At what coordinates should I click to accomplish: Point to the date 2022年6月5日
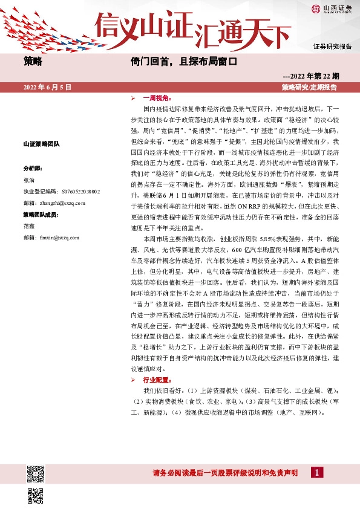pyautogui.click(x=48, y=88)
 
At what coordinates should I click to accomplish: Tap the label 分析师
pyautogui.click(x=33, y=168)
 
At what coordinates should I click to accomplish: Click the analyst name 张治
pyautogui.click(x=29, y=180)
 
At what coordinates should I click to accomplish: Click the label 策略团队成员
pyautogui.click(x=39, y=215)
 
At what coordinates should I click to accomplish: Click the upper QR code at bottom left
pyautogui.click(x=36, y=475)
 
